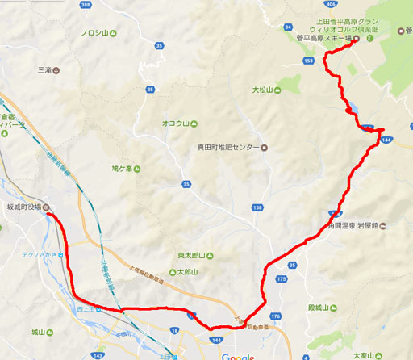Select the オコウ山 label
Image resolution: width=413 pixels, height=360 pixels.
click(175, 123)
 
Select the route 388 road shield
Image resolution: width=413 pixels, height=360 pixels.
click(86, 5)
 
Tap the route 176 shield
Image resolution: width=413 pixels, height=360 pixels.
click(275, 316)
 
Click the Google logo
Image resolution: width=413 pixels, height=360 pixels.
click(238, 356)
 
